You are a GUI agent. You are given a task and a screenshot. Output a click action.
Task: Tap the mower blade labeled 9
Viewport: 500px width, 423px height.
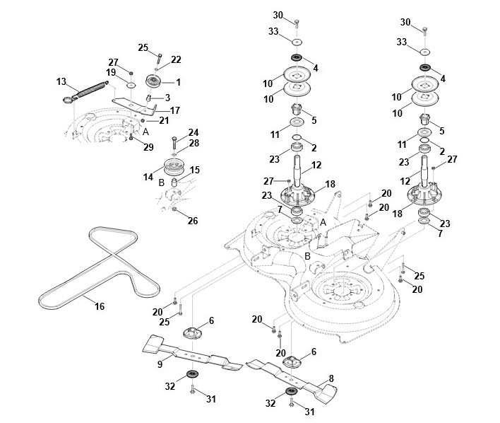[x=192, y=352]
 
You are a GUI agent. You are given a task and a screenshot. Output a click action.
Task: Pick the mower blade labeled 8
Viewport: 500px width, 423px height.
[x=292, y=378]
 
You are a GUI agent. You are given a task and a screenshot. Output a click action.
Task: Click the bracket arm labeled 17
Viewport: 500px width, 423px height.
[x=135, y=105]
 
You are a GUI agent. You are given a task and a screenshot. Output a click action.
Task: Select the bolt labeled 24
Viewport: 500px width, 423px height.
[x=174, y=142]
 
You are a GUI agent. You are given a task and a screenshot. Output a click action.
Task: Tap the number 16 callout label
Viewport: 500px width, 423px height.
[x=100, y=306]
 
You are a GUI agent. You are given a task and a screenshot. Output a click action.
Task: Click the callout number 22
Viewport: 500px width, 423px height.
[x=176, y=59]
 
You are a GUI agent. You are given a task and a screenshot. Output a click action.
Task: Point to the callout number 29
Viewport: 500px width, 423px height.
[x=148, y=147]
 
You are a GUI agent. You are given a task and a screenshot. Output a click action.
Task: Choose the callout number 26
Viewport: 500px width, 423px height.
[x=193, y=221]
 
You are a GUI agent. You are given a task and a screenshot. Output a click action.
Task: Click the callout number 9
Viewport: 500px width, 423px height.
[x=160, y=364]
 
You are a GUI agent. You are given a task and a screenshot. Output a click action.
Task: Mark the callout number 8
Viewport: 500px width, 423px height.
[x=331, y=378]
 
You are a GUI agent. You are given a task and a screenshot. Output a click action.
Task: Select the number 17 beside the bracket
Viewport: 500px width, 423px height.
[x=175, y=110]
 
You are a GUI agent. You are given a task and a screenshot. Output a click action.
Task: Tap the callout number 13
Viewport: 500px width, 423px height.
[x=61, y=82]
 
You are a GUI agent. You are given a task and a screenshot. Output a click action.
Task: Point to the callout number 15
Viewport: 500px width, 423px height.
[x=195, y=170]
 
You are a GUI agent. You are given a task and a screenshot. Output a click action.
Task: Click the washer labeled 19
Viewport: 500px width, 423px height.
[x=131, y=86]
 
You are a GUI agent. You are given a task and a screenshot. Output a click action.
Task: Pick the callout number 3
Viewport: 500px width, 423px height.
[x=167, y=98]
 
